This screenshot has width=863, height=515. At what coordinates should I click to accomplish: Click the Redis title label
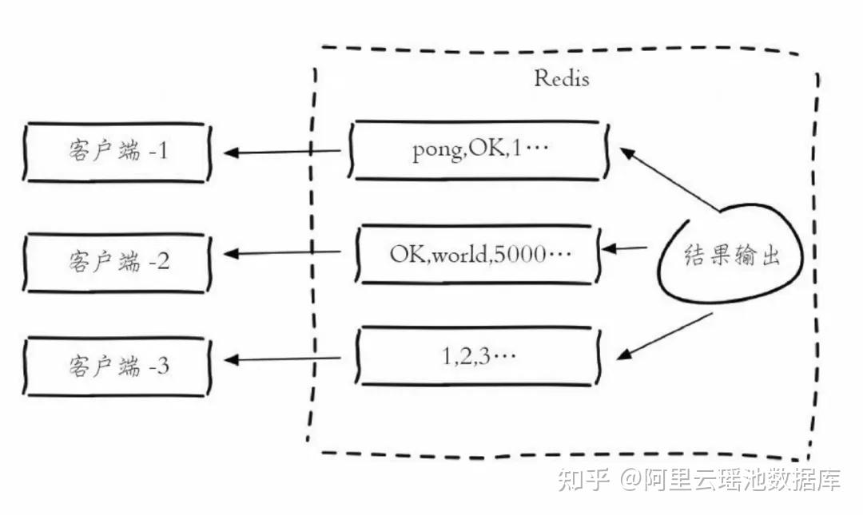pyautogui.click(x=562, y=78)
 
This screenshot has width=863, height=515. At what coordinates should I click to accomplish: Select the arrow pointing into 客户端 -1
pyautogui.click(x=282, y=152)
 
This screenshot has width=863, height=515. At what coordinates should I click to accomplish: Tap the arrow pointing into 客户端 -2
pyautogui.click(x=282, y=253)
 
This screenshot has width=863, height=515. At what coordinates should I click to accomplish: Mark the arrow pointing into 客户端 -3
pyautogui.click(x=282, y=359)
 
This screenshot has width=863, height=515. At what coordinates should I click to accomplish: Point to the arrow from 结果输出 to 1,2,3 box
pyautogui.click(x=664, y=337)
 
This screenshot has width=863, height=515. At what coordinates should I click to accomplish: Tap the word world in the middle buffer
pyautogui.click(x=460, y=254)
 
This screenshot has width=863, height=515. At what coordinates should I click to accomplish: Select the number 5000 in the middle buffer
pyautogui.click(x=520, y=254)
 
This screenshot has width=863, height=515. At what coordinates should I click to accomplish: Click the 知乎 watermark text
pyautogui.click(x=583, y=480)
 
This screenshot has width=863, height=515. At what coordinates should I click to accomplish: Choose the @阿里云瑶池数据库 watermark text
pyautogui.click(x=731, y=480)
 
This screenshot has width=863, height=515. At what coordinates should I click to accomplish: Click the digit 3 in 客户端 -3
pyautogui.click(x=162, y=366)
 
